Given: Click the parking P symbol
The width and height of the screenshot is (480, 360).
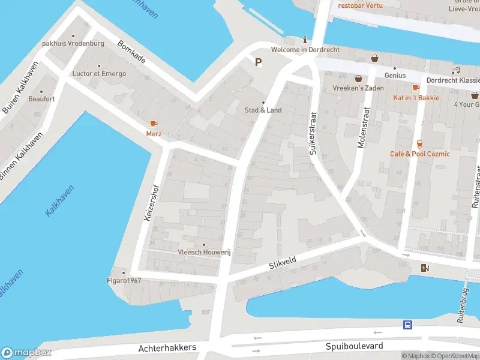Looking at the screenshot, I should (x=259, y=62).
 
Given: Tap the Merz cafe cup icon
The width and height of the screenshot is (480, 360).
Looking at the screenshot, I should (x=154, y=124).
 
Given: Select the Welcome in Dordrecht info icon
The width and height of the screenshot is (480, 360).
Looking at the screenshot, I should (x=305, y=40).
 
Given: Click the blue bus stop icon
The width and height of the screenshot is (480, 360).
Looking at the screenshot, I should (x=407, y=325).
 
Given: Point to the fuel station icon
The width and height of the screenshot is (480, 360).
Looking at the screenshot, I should (x=426, y=268).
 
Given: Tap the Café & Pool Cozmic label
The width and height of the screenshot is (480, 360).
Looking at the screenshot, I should (x=421, y=154).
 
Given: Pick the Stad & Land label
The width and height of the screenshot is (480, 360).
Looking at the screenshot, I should (x=263, y=110).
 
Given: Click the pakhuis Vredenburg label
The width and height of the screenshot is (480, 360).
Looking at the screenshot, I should (x=73, y=44).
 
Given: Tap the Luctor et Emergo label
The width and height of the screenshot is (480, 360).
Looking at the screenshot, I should (x=99, y=74).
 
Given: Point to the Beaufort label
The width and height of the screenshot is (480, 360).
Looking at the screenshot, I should (x=41, y=98).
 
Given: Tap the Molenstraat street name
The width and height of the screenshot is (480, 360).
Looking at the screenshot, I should (x=362, y=127).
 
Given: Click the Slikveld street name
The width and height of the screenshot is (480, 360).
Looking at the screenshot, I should (x=283, y=262).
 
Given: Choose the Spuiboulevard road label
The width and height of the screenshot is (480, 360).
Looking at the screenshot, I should (x=354, y=347).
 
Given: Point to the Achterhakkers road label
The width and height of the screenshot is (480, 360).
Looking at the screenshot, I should (x=167, y=348).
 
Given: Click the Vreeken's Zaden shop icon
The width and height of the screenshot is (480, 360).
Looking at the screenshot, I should (x=359, y=78).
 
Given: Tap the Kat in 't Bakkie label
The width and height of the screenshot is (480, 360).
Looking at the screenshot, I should (x=416, y=98).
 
